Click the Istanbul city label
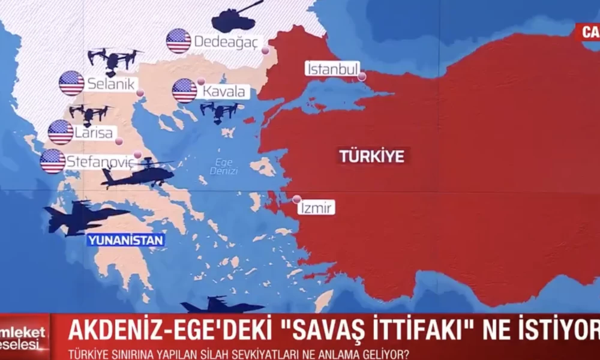(x=332, y=69)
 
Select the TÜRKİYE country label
(x=372, y=157)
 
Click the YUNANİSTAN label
(x=125, y=240)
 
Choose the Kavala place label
(x=224, y=92)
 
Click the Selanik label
(x=112, y=84)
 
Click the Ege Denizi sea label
(x=227, y=166)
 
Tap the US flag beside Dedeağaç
(x=178, y=41)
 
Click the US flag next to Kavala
(x=184, y=91)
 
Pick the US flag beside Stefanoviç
(x=53, y=161)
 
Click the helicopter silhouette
(x=137, y=174)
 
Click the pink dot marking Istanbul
(x=362, y=76)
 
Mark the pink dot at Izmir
(x=296, y=199)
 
